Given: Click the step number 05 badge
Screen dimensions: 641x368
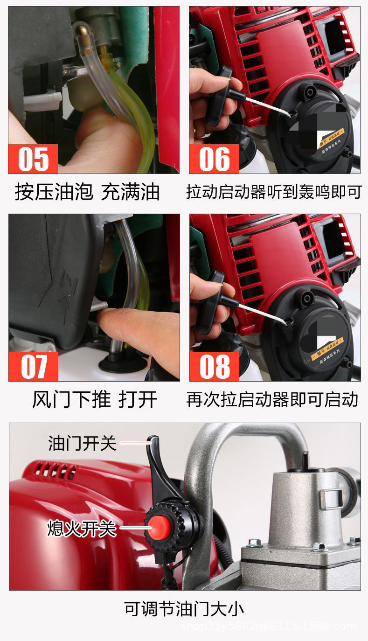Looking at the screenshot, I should pos(33,159).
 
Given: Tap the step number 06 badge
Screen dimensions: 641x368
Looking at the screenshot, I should pos(214,159).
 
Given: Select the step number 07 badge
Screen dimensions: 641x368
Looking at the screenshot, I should pos(33,366).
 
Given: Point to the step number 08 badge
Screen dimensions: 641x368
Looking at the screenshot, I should pos(214,366).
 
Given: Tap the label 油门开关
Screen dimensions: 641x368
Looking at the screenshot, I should pos(82,443).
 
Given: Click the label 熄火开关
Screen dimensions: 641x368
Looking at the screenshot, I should pos(81,529).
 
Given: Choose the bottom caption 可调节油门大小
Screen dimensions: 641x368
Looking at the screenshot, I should pos(184,609).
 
